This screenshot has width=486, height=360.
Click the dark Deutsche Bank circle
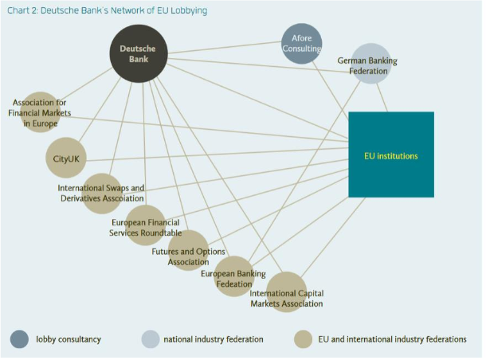click(138, 53)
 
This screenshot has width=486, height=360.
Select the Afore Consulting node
click(302, 43)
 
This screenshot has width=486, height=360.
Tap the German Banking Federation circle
click(370, 64)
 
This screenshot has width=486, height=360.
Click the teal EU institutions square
click(391, 155)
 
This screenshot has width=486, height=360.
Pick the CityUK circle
click(65, 158)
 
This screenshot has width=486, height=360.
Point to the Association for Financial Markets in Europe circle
click(40, 112)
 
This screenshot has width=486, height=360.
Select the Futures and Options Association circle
click(189, 251)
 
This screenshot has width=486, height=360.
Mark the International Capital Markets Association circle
click(286, 292)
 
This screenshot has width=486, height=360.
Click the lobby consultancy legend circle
click(20, 339)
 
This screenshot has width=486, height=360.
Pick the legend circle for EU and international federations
click(304, 339)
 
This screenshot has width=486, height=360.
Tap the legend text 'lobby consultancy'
click(69, 339)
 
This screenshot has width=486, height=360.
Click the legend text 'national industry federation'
click(214, 339)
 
